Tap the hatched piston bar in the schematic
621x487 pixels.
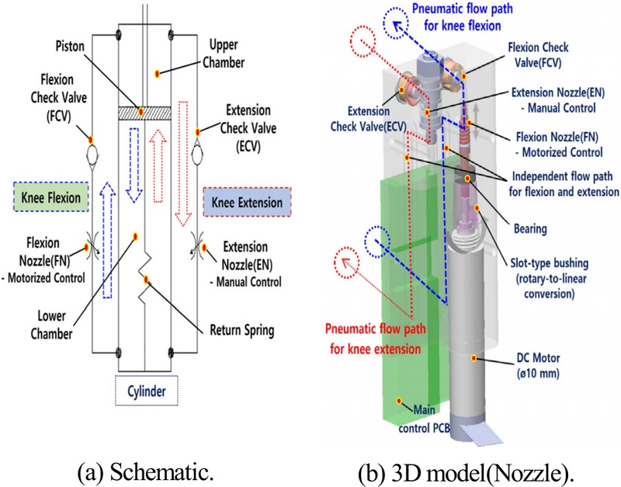(x=143, y=113)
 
